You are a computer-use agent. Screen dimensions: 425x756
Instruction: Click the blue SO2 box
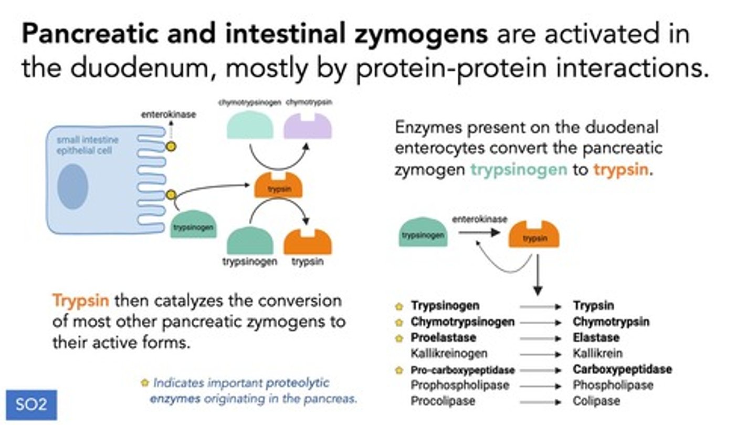tap(31, 405)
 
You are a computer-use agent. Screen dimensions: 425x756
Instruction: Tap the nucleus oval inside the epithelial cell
tap(73, 186)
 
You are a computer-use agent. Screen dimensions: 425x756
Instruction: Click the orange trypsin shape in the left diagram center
tap(278, 187)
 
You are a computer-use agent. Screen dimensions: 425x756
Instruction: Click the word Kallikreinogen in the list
tap(449, 354)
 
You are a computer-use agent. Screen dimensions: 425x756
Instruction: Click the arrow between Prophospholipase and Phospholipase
tap(541, 386)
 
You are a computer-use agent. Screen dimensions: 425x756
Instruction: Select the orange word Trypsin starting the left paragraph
tap(80, 300)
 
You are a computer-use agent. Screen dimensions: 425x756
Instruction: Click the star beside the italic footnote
tap(145, 383)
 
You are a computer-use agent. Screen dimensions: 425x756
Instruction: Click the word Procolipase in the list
tap(443, 401)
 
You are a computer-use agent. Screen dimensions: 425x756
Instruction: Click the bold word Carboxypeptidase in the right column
tap(622, 369)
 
